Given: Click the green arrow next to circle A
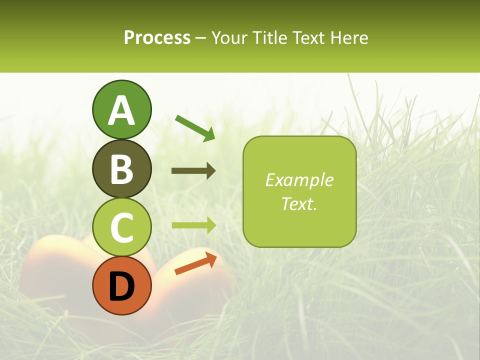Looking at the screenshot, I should pos(195,128).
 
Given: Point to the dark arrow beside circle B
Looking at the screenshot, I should pos(193,171).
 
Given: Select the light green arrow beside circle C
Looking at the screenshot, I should pos(193,225).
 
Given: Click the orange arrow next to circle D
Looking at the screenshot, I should pos(195,263).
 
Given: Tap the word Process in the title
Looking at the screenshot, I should pos(157,38).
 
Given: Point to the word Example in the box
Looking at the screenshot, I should pos(299,180).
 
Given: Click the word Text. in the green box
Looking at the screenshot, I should pos(299,204).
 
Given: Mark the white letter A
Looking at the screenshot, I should pos(121,111).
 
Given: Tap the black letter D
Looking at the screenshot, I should pos(121,286).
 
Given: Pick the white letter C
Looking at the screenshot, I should pos(121,227).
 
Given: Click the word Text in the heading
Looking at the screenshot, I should pos(308,38).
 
